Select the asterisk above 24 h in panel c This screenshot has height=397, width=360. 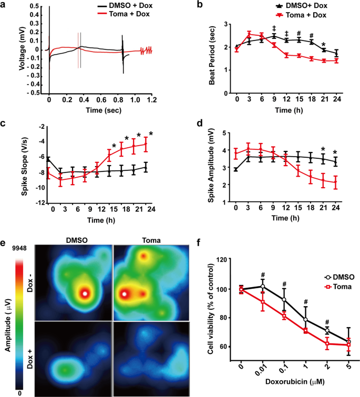pyautogui.click(x=151, y=134)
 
